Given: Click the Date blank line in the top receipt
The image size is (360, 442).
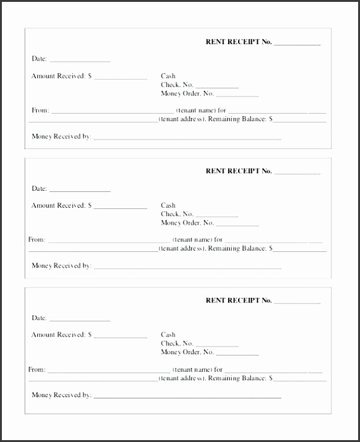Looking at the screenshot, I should tap(80, 61).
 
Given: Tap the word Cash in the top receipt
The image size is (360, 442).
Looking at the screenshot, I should tap(168, 76).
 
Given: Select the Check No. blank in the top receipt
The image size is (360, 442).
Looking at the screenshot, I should tap(217, 87).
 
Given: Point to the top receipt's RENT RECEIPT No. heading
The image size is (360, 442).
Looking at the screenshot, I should tap(239, 42).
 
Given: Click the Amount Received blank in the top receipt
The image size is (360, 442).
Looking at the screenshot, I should tap(120, 78).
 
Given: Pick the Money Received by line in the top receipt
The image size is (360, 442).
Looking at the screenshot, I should tap(187, 138).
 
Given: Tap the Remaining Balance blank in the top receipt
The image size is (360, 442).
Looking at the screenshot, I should tap(299, 121).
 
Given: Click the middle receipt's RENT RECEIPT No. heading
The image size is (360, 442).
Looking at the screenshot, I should tap(239, 171).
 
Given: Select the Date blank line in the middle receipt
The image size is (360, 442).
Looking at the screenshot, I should tap(80, 190).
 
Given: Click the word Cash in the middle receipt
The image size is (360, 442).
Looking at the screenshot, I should tap(168, 206).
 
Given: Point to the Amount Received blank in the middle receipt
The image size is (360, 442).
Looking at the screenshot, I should tap(120, 208).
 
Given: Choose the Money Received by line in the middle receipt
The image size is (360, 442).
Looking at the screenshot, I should tap(187, 268).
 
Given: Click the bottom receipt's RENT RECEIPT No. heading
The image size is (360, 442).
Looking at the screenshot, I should tap(239, 301).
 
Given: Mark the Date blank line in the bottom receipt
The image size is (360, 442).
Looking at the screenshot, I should tap(80, 320).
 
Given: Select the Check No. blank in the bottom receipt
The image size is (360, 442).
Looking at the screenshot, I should tap(217, 345).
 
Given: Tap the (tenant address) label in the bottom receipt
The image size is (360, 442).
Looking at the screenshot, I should tap(182, 378).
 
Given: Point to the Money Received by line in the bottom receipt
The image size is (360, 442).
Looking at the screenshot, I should tap(187, 397).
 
